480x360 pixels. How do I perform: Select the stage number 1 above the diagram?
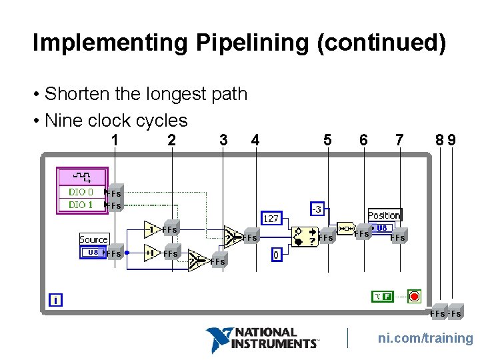point(115,140)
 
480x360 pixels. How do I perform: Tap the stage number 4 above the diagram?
point(255,140)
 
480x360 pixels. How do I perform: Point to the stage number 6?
point(363,140)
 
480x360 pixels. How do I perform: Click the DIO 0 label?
point(81,192)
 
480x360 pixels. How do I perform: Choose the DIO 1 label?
point(81,205)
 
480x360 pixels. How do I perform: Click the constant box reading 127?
point(271,218)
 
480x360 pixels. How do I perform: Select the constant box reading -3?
point(316,209)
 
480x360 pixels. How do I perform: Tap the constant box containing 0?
point(277,254)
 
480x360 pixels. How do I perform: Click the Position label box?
point(384,215)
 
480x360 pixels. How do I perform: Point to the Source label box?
point(93,239)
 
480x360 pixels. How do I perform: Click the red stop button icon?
point(414,295)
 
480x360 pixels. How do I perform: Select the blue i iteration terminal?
point(55,301)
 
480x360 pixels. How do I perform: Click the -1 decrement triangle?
point(153,230)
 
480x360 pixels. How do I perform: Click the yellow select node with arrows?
point(305,237)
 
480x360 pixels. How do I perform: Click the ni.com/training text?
point(425,339)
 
